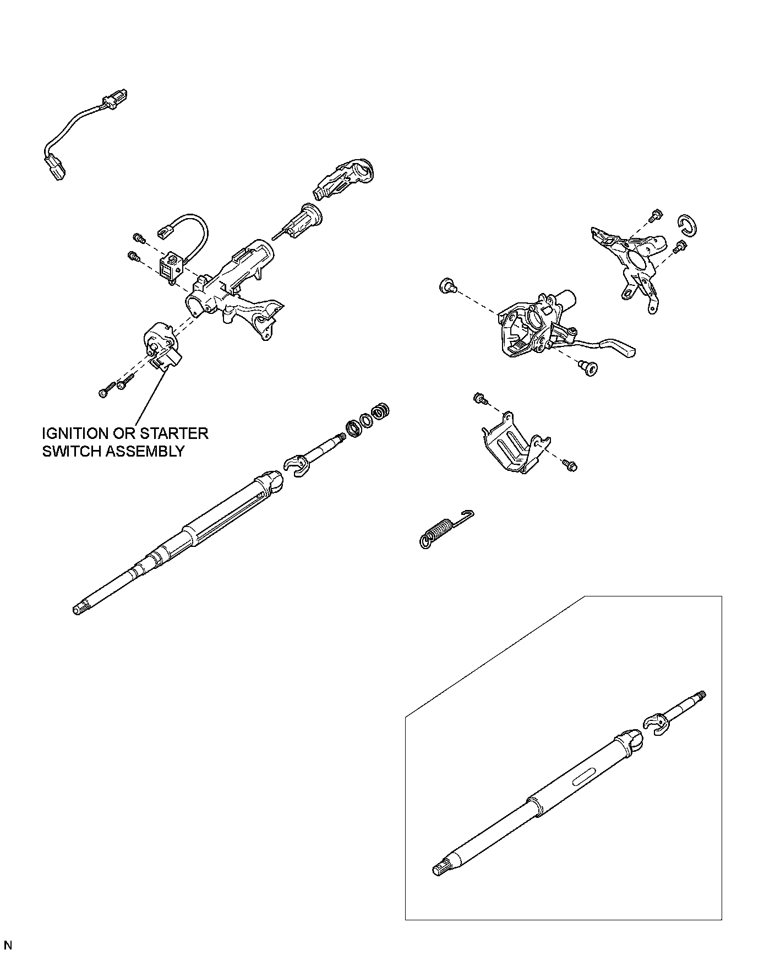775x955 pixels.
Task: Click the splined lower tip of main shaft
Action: (78, 609)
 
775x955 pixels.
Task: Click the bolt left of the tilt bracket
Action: (449, 286)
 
